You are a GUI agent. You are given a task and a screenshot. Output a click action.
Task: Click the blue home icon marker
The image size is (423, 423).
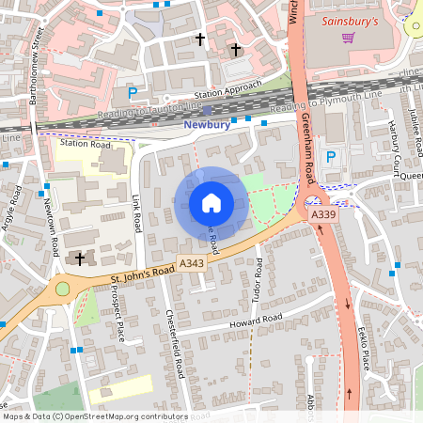(x=211, y=203)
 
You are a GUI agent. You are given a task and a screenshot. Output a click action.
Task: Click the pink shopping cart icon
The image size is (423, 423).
(x=348, y=38)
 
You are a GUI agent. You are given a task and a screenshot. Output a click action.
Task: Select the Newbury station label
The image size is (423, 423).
(x=206, y=124)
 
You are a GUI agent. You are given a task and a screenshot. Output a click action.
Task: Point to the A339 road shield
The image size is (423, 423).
(x=323, y=215)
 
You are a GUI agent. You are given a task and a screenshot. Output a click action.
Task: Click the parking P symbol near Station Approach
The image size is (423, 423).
(x=133, y=92)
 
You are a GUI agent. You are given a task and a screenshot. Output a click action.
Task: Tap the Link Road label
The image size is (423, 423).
(x=137, y=213)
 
